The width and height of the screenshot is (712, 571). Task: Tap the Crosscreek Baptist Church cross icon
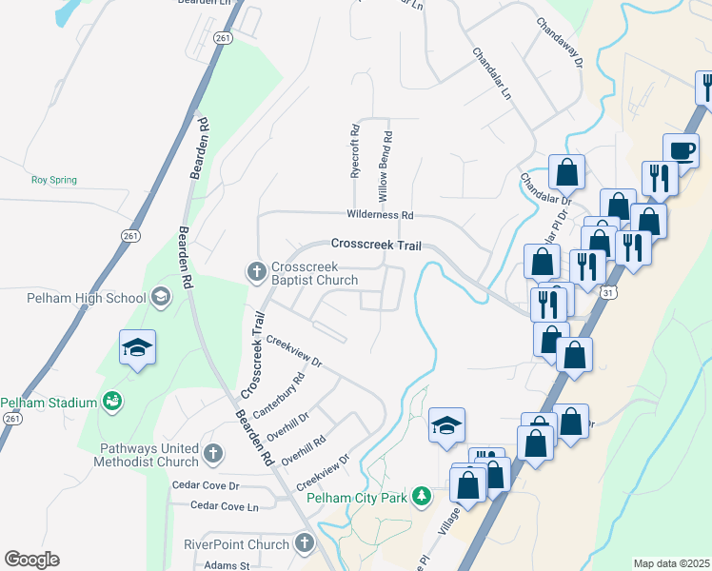256,272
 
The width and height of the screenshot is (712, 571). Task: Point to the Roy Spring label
53,180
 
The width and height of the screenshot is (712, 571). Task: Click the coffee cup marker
682,150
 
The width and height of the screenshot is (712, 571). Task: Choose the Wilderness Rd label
380,216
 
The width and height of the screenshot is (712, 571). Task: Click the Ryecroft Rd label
354,151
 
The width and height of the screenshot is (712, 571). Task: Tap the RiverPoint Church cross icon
304,544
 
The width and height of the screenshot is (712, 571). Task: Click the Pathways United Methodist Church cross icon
213,454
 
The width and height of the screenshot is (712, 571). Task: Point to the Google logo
31,560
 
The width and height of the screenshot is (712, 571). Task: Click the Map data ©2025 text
670,563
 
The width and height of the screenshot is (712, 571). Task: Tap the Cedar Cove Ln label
225,507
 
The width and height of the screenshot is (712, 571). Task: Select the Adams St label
229,565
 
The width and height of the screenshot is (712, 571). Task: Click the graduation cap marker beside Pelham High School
138,347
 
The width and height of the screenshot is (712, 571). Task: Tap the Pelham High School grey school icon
161,297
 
